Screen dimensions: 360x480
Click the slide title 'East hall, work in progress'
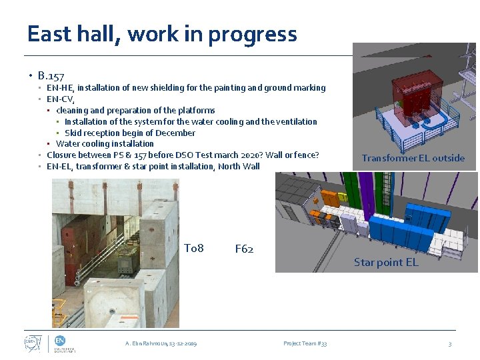pos(162,33)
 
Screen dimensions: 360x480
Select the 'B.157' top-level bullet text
pos(51,75)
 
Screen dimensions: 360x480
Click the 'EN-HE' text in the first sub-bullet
pos(59,88)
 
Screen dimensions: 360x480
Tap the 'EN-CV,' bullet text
pos(61,99)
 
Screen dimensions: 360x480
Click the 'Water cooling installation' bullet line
pos(105,144)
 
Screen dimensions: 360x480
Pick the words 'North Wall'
pos(244,167)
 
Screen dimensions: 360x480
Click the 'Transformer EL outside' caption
pos(413,158)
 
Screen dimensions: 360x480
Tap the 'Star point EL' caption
pos(386,262)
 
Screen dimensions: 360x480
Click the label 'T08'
pos(193,249)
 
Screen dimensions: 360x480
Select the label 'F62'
pos(244,249)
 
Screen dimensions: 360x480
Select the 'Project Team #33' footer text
pos(305,343)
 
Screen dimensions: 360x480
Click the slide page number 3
pos(449,343)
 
